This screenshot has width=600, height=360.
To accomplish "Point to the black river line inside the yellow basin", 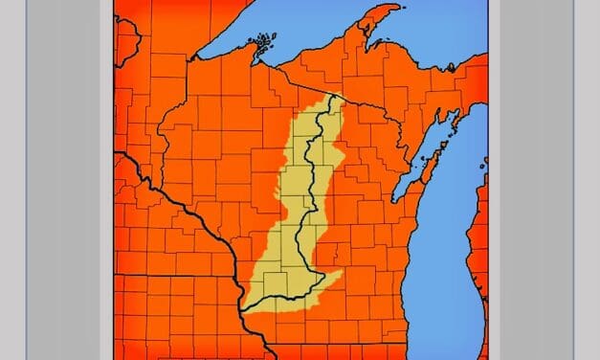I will coord(311,172).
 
